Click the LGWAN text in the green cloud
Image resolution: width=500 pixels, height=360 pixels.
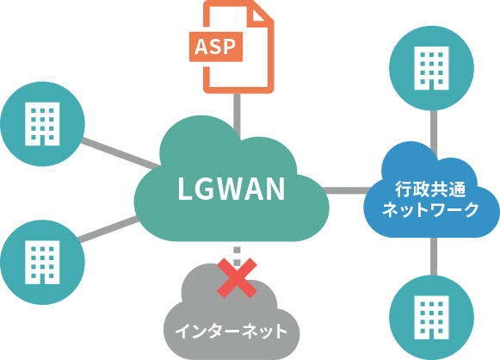(x=231, y=189)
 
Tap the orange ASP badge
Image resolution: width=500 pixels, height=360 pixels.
(x=216, y=47)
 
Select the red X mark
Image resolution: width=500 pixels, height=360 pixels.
(x=237, y=277)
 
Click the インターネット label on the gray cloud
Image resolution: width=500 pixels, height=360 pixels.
(x=231, y=331)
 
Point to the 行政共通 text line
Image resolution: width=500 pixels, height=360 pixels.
(x=430, y=189)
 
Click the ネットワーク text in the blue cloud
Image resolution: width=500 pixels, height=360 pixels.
(x=430, y=209)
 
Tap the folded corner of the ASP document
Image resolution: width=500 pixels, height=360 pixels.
(x=258, y=16)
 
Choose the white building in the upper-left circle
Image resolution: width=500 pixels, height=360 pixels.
(x=42, y=124)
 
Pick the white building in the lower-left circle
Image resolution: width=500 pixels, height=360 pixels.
(x=42, y=262)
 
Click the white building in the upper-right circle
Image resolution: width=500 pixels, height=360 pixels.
(x=431, y=68)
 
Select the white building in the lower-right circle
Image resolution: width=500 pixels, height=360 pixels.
(x=431, y=317)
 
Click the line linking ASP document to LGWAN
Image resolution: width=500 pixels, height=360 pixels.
(x=237, y=115)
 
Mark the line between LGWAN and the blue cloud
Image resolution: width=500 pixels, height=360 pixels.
(x=346, y=190)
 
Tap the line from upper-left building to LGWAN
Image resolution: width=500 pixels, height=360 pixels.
(x=120, y=153)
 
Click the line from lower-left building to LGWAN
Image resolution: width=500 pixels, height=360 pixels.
(x=108, y=229)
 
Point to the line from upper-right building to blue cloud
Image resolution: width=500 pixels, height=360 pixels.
(x=434, y=133)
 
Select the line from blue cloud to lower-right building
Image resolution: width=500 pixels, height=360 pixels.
(x=434, y=257)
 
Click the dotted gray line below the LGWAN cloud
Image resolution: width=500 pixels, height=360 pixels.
(x=237, y=255)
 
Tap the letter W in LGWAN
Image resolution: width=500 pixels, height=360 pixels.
(x=232, y=189)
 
